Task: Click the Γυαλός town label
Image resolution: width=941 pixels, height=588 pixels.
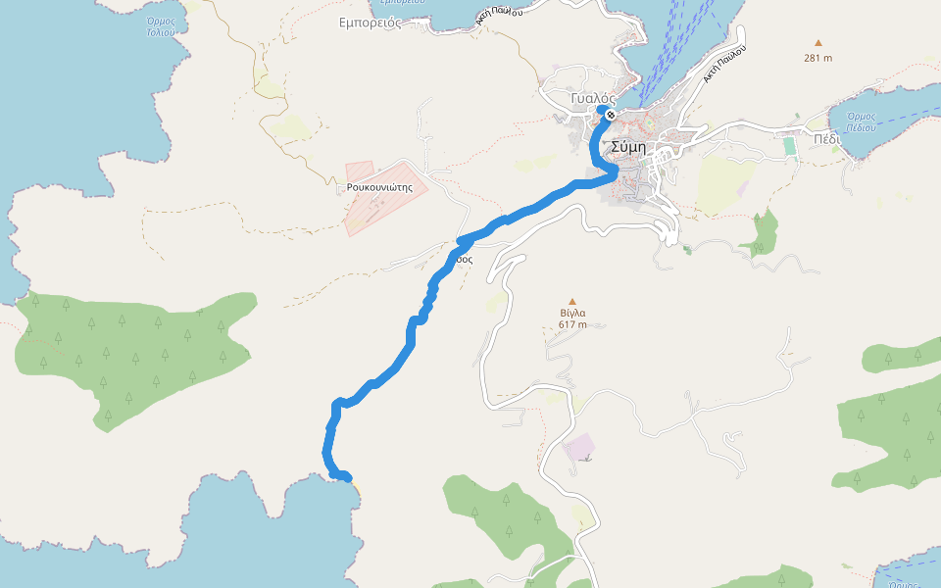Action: [592, 99]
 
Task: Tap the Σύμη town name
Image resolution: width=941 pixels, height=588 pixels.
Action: [627, 147]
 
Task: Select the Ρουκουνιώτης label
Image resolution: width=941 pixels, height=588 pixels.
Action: [377, 186]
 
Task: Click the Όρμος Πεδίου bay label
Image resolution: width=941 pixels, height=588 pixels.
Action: [860, 122]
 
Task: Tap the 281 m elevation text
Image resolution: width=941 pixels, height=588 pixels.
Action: [817, 58]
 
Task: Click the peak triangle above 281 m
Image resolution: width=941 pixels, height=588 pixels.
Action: [817, 43]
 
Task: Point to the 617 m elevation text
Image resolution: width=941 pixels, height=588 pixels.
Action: [572, 325]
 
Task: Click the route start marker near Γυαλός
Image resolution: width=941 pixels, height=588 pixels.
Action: [610, 116]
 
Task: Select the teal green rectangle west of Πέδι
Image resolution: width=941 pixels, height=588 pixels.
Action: [789, 145]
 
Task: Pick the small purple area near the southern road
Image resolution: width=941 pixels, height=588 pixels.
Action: [579, 447]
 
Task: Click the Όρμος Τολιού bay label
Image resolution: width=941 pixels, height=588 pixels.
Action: [161, 25]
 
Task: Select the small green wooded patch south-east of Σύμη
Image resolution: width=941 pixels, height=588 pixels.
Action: [763, 233]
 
